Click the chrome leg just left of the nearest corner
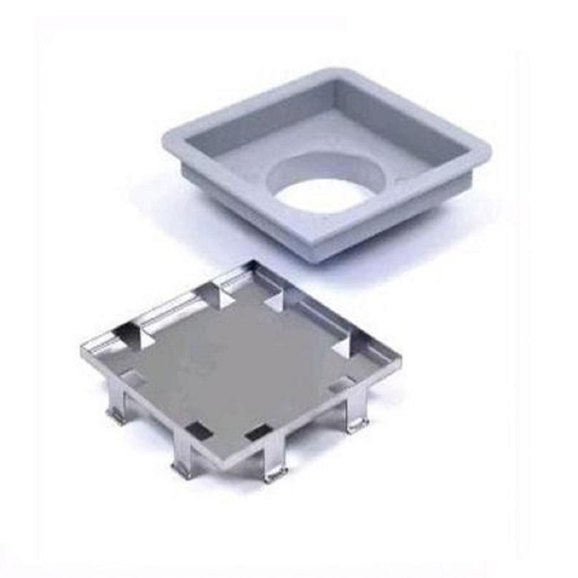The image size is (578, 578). [x=184, y=457]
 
